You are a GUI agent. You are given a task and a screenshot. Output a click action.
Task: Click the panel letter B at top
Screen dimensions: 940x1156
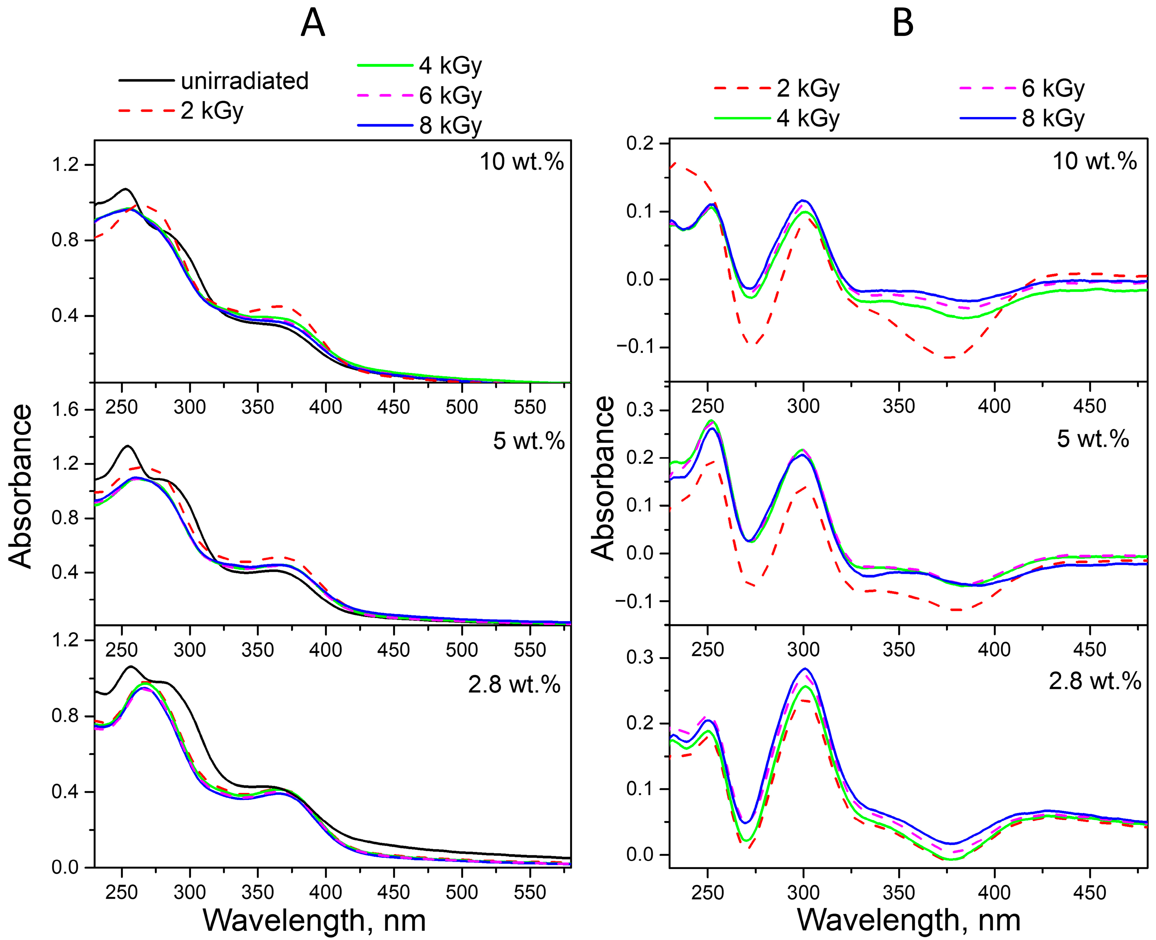coord(903,24)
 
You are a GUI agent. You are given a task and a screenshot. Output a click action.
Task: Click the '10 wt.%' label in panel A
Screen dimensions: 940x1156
coord(522,162)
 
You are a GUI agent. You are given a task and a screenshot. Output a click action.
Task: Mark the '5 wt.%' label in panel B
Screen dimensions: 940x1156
coord(1093,438)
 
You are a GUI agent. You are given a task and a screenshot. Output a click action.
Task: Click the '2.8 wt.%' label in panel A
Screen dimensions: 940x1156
coord(514,685)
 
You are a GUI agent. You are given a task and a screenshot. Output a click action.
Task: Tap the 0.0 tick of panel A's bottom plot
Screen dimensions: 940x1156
coord(65,867)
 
